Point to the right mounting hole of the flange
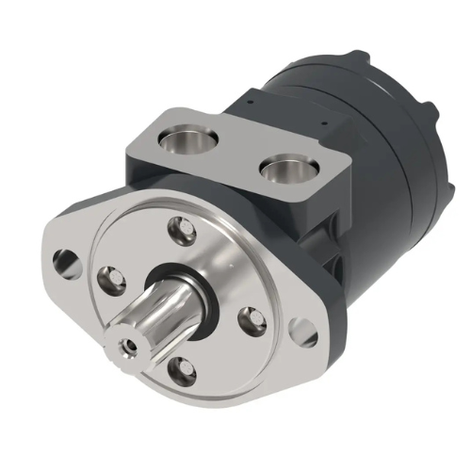(x=301, y=329)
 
